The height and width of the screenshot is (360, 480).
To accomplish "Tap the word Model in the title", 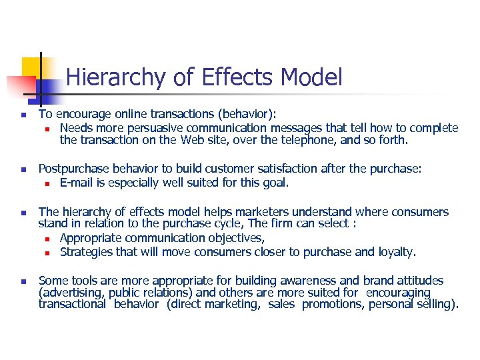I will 311,77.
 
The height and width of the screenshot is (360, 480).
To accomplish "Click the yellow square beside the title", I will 34,69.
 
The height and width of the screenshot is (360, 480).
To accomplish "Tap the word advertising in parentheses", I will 72,293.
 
